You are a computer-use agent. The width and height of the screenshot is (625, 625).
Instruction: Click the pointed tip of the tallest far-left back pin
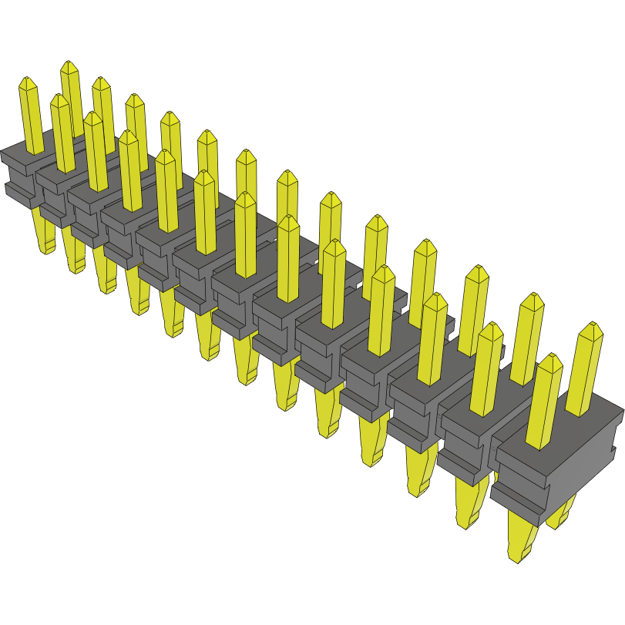coord(69,66)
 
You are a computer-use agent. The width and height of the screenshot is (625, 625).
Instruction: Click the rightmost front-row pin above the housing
coord(548,401)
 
